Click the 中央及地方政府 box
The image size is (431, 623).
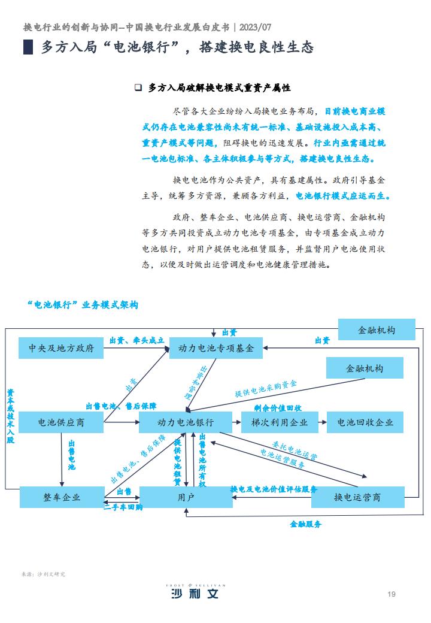coord(61,348)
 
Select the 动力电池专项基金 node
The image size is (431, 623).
coord(216,348)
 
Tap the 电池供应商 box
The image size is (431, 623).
coord(61,422)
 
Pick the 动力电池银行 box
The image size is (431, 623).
coord(186,422)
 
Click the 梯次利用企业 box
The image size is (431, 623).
coord(280,422)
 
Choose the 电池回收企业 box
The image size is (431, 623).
coord(365,422)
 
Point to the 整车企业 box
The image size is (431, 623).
coord(62,497)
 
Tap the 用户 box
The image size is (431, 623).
coord(186,497)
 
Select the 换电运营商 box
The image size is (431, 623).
coord(357,497)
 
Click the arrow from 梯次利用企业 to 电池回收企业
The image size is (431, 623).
coord(322,422)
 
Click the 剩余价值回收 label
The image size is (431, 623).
coord(278,408)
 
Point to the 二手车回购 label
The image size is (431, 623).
coord(123,507)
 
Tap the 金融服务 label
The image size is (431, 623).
coord(305,524)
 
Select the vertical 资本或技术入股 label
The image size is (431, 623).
coord(10,416)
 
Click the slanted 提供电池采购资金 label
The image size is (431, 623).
coord(266,389)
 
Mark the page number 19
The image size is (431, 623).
coord(391,594)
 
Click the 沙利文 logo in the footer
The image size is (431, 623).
coord(195,592)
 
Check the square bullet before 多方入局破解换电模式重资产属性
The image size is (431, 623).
coord(138,87)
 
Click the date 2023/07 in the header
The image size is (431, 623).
coord(255,28)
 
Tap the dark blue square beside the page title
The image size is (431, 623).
coord(28,47)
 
